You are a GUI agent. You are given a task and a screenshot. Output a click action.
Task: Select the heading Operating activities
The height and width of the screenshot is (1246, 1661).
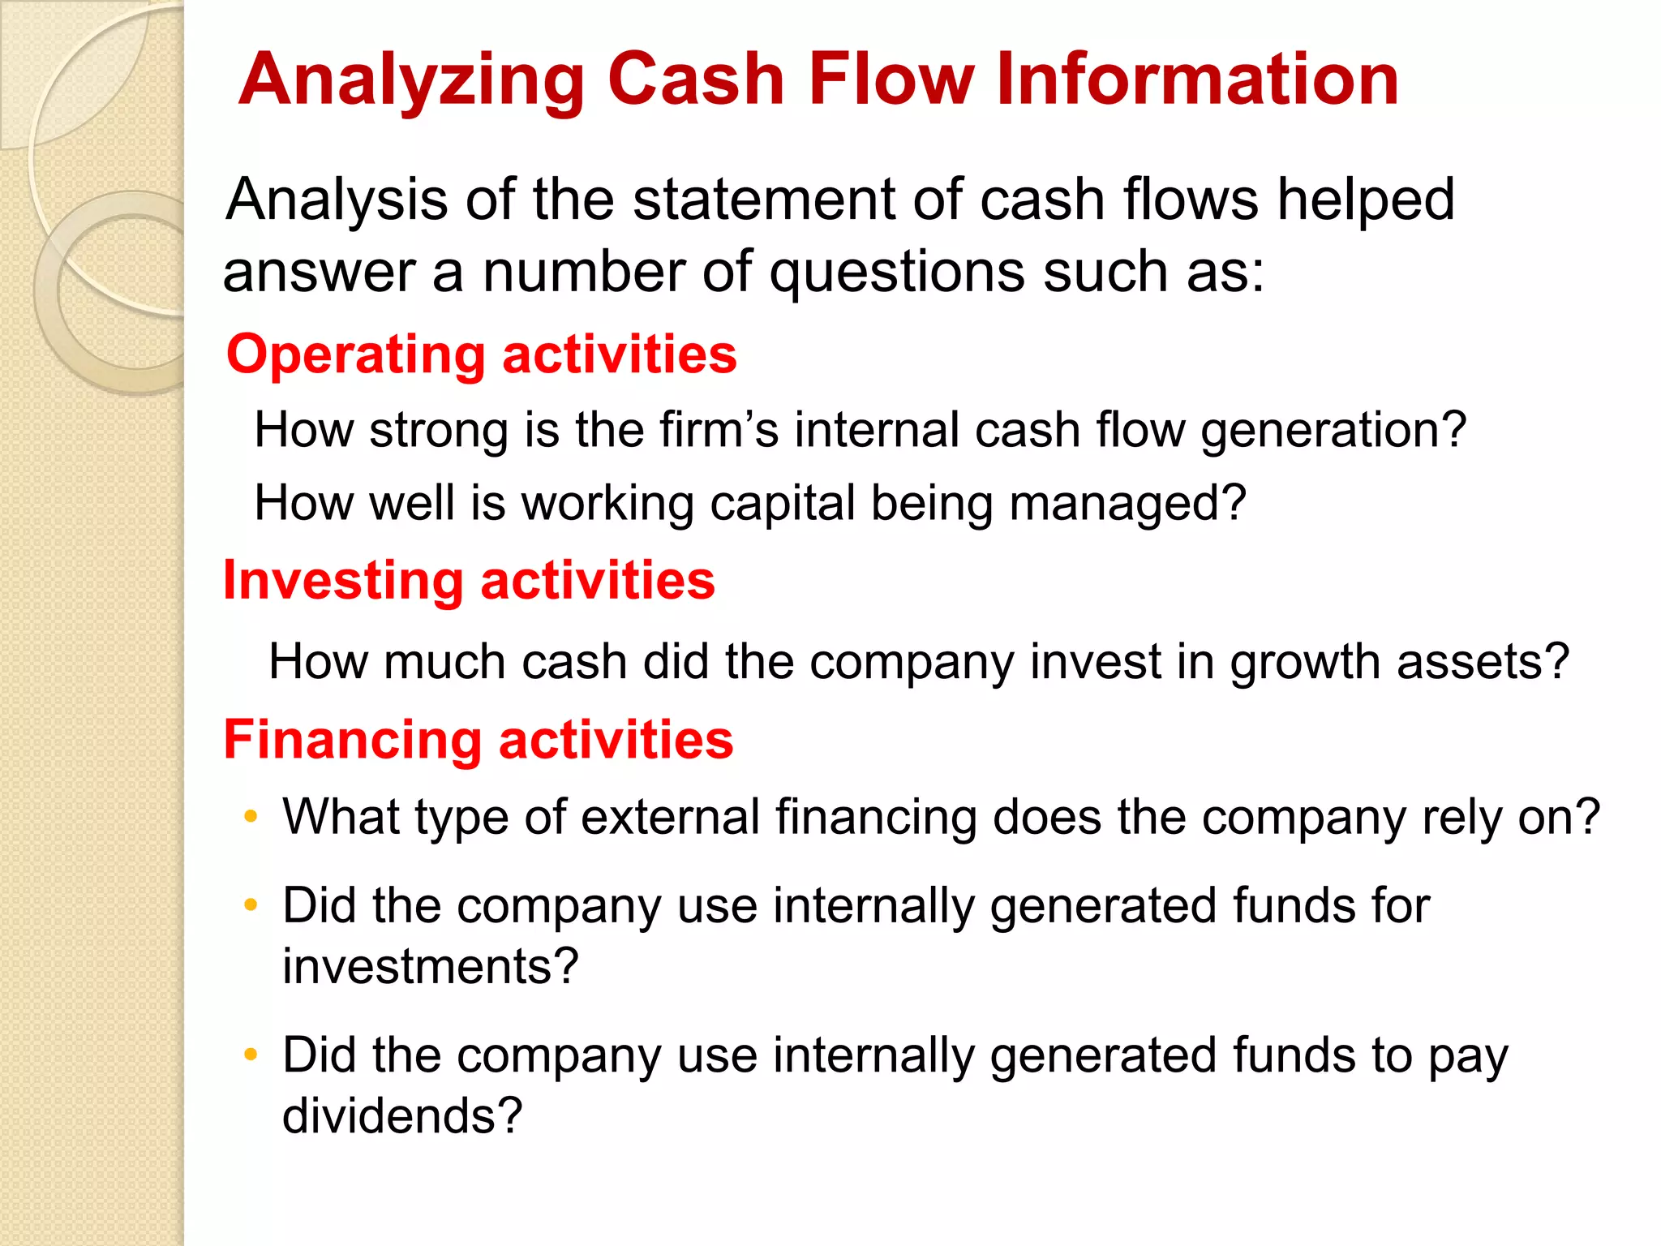[x=482, y=355]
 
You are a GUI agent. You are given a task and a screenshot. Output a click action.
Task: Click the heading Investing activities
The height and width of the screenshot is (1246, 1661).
[x=469, y=581]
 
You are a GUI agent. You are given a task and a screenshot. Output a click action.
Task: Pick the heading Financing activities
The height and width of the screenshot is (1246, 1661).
[x=479, y=740]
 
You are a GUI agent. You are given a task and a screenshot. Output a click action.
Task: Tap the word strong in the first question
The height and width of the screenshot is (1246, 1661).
[x=439, y=429]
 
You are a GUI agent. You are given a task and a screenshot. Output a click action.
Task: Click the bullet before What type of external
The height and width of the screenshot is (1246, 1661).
[x=251, y=815]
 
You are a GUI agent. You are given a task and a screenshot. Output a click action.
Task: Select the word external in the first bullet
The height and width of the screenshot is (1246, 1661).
[x=669, y=817]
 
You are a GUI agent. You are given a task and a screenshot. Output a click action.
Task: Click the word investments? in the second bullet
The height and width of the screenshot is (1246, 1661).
[x=430, y=967]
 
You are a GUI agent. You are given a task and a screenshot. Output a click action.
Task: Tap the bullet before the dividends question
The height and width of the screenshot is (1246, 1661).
[x=251, y=1054]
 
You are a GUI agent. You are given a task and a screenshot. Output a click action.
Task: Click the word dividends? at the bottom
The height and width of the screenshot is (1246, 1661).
[x=401, y=1116]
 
